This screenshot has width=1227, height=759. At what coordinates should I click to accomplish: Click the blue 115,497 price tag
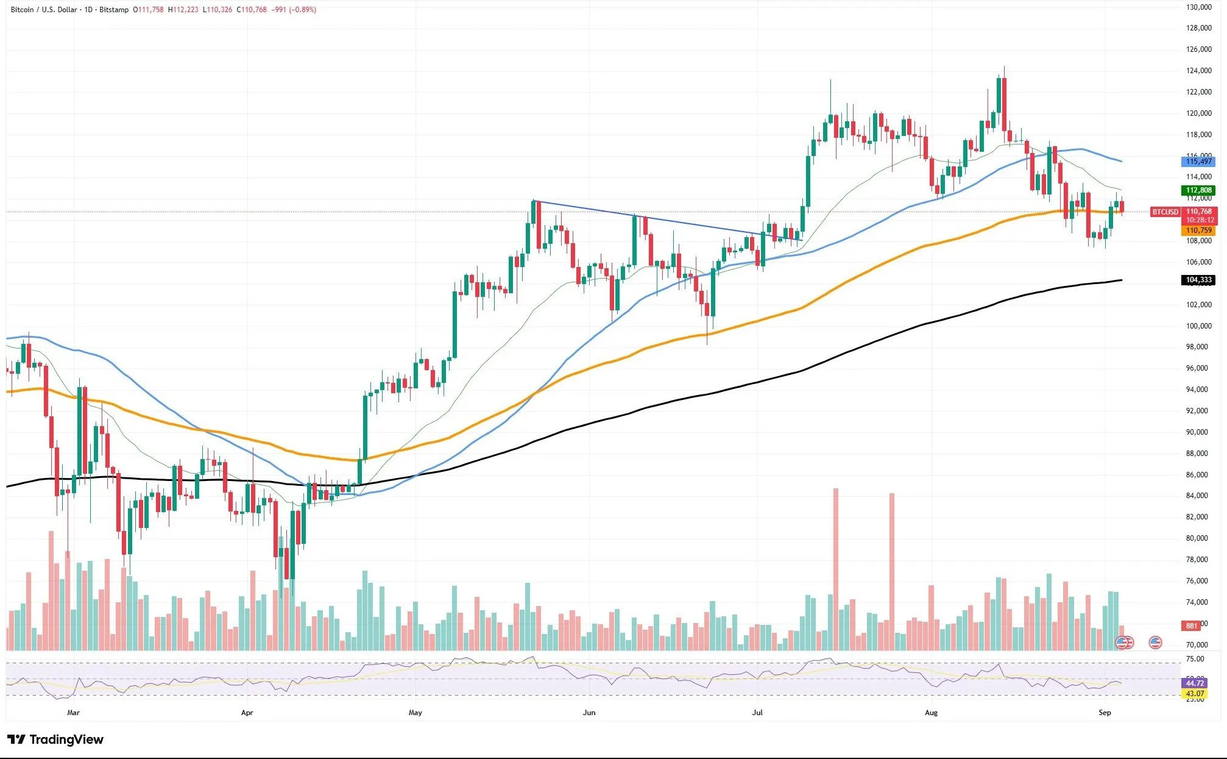click(x=1198, y=162)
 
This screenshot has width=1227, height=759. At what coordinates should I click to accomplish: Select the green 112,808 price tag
click(x=1198, y=190)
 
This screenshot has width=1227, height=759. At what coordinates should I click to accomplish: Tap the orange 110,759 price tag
click(x=1198, y=230)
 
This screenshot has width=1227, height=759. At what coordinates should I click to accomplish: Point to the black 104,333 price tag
click(x=1198, y=280)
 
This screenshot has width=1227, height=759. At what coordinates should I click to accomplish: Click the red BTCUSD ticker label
click(x=1165, y=212)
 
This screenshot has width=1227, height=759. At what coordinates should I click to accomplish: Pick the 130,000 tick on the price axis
click(x=1198, y=7)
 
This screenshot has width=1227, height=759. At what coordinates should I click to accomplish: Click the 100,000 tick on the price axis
click(x=1198, y=326)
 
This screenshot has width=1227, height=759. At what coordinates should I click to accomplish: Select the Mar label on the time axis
click(x=73, y=712)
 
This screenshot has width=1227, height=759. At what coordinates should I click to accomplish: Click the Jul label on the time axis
click(x=757, y=712)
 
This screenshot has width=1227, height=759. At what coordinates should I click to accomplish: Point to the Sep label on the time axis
click(x=1105, y=712)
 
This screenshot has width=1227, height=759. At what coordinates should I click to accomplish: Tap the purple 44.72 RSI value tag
click(x=1195, y=683)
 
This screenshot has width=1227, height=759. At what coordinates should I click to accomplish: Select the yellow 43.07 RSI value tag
click(x=1195, y=694)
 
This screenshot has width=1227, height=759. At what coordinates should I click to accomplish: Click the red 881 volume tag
click(x=1191, y=625)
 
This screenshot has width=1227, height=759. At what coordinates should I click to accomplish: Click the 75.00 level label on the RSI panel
click(x=1195, y=659)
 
